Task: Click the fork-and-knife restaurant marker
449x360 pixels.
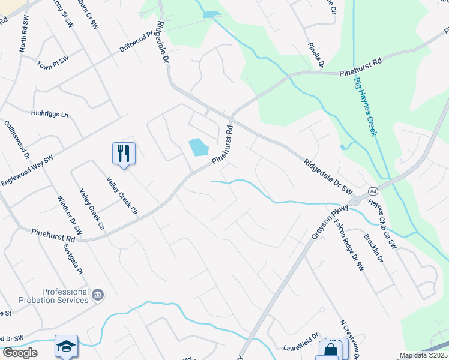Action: click(124, 154)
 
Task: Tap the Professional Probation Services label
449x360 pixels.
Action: click(57, 295)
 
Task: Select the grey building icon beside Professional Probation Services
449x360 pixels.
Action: click(98, 295)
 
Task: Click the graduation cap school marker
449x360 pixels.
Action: click(66, 347)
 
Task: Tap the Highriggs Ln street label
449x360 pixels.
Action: click(50, 113)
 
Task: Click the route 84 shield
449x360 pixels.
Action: click(373, 191)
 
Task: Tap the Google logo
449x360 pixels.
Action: click(20, 353)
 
